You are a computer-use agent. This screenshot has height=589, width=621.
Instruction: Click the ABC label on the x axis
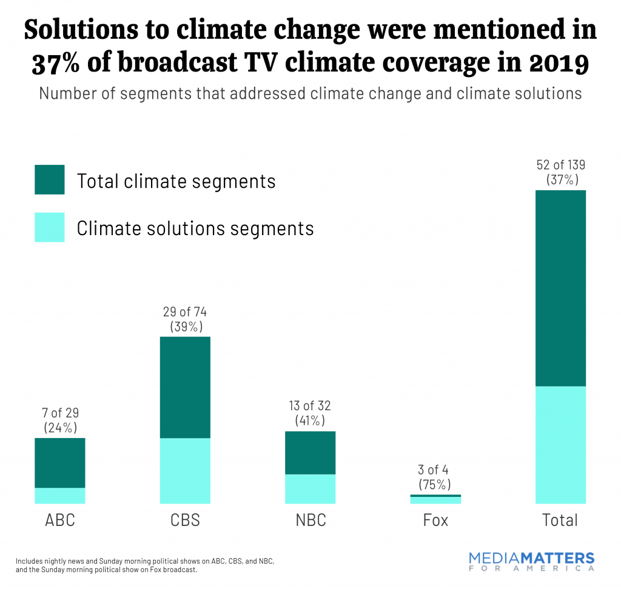[60, 520]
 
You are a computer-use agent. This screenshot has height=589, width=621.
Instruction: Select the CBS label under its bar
[185, 520]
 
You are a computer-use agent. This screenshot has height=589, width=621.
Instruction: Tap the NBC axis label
[310, 520]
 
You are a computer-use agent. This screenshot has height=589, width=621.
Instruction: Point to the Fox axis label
[435, 520]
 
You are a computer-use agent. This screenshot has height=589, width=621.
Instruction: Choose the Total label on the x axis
[560, 520]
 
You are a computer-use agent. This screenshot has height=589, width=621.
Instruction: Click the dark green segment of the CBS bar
[185, 387]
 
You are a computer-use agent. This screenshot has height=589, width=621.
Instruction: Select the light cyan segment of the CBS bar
[185, 470]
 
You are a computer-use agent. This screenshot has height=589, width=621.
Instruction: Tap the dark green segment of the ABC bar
[60, 462]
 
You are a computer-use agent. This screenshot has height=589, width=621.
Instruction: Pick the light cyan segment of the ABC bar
[60, 495]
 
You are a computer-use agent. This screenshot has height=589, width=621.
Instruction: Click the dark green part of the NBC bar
[310, 453]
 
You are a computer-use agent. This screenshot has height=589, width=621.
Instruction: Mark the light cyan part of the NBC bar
[310, 488]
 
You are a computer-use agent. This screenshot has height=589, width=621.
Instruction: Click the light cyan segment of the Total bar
[560, 444]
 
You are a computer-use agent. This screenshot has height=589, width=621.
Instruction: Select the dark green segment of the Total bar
[560, 288]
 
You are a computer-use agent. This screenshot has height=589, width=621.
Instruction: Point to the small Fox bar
[435, 499]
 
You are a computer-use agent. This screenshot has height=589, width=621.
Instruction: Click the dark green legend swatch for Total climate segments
[50, 181]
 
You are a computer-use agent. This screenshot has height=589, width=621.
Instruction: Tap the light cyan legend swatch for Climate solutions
[50, 228]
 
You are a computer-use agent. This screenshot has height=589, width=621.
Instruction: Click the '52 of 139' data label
[560, 164]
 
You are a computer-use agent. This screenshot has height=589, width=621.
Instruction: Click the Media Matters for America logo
[532, 562]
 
